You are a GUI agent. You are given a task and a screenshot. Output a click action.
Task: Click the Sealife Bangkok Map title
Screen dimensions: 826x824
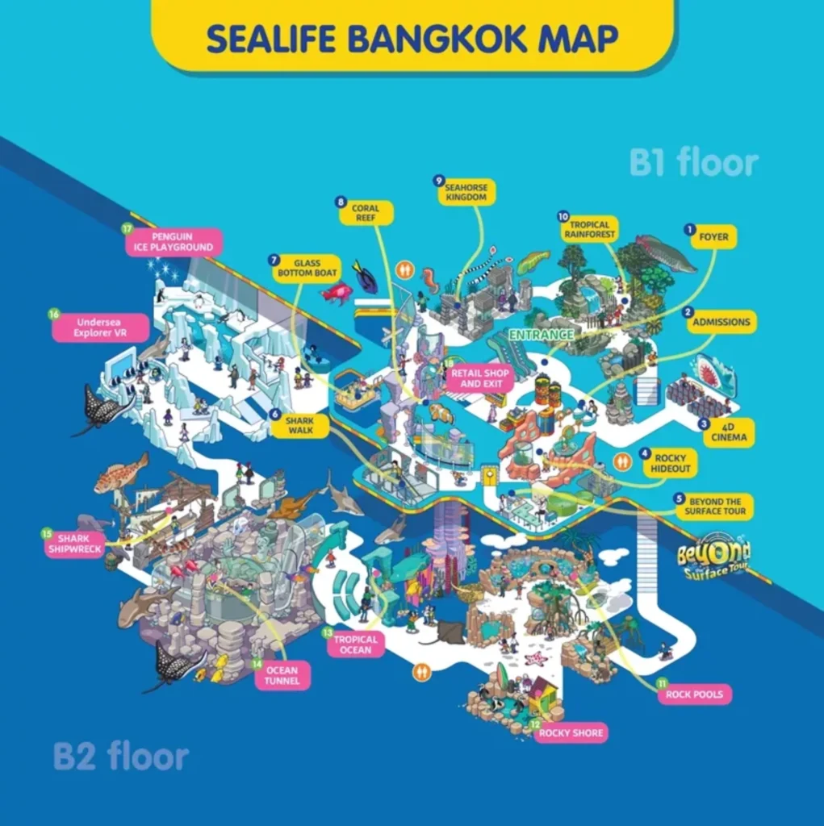point(412,38)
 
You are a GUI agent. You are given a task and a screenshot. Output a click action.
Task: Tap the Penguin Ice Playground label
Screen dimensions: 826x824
point(172,242)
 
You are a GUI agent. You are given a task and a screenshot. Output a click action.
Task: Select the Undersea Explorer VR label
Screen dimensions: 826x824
point(101,327)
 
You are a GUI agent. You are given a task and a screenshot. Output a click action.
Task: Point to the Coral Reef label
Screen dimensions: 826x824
point(366,213)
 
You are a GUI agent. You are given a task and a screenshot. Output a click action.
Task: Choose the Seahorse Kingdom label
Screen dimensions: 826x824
point(466,192)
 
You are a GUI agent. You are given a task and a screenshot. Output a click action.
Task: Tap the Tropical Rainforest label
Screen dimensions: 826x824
point(589,229)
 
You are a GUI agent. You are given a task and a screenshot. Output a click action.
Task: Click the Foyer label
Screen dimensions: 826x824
point(713,236)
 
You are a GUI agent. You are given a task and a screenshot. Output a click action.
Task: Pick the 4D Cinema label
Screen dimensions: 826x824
point(729,432)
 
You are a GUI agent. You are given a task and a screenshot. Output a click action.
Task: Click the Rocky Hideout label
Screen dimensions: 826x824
point(670,464)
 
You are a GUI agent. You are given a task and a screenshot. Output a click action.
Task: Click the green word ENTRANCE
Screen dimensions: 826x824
point(541,334)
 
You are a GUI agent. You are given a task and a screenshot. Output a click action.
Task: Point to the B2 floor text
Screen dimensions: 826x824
point(121,757)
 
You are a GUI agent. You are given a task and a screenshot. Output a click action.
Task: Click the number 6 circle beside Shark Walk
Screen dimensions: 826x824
point(275,414)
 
